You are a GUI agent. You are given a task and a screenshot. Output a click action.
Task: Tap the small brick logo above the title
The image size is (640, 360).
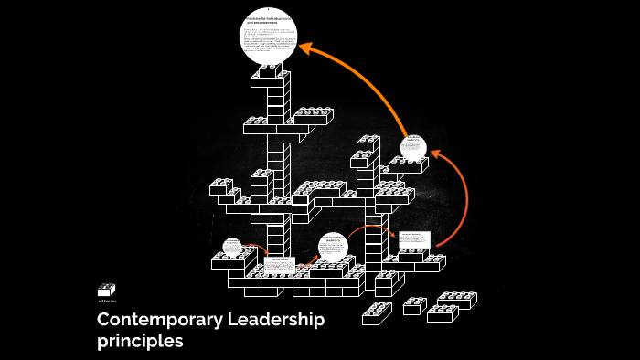tap(106, 290)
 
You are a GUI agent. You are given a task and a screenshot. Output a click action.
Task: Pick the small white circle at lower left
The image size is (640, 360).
tap(232, 246)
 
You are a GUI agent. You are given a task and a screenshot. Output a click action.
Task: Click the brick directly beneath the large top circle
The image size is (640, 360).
tap(272, 73)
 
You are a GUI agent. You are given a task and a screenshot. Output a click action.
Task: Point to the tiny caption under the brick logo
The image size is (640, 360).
tap(106, 301)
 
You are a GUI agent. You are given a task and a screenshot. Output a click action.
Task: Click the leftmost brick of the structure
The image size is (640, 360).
tap(221, 187)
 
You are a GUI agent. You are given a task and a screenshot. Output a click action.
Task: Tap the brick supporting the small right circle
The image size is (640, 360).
tap(407, 166)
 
